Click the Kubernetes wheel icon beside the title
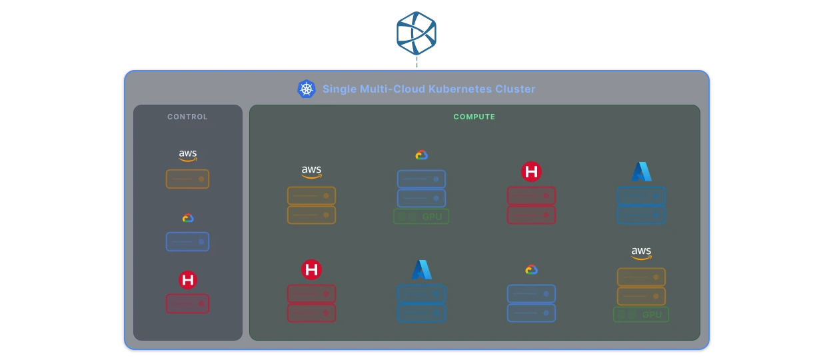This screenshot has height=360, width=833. (306, 89)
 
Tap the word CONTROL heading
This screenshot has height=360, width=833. (187, 117)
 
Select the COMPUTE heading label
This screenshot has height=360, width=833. (474, 117)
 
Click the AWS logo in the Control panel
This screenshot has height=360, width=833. (188, 155)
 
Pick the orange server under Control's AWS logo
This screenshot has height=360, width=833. (187, 179)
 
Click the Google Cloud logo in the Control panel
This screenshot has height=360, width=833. (188, 218)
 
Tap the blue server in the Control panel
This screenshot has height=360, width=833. (187, 241)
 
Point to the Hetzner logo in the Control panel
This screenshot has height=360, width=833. (188, 280)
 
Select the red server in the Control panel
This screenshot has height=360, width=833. (187, 303)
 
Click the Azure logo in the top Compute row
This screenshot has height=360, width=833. (641, 172)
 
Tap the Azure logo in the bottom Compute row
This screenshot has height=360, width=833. (421, 269)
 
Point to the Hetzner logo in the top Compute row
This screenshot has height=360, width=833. (531, 172)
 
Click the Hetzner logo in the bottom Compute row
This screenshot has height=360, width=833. (311, 269)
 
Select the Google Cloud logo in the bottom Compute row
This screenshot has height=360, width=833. (531, 269)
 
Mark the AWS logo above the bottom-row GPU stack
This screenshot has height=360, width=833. (641, 253)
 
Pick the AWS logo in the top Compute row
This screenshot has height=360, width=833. (311, 172)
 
